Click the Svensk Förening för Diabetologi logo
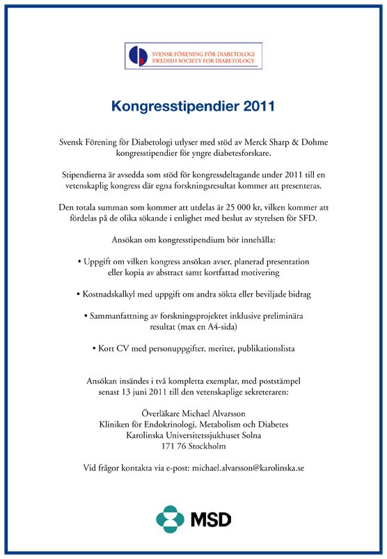pos(193,55)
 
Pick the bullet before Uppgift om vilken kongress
pos(79,260)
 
